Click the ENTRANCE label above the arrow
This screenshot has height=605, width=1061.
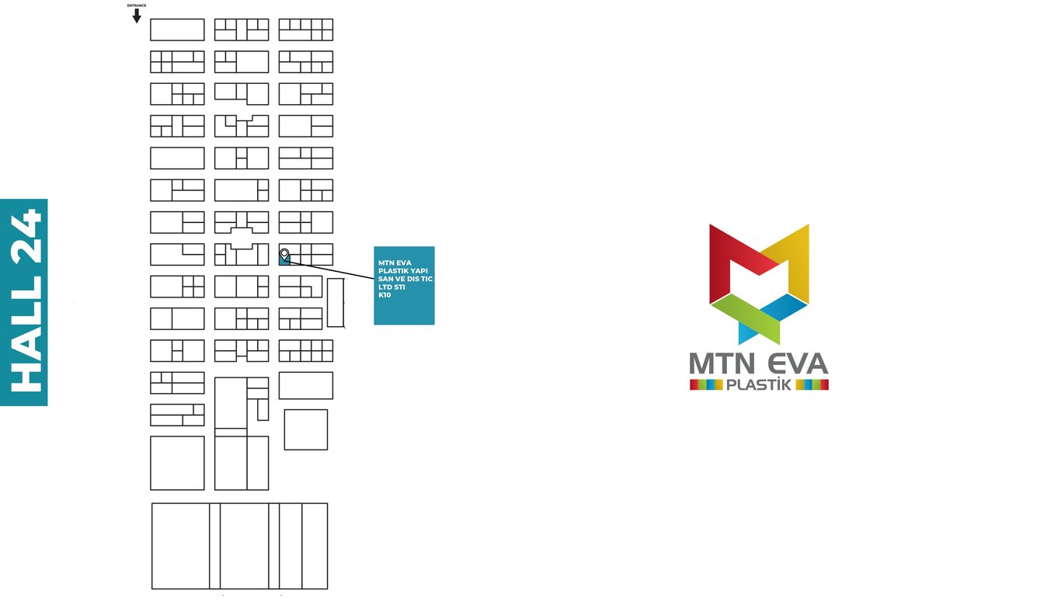[137, 5]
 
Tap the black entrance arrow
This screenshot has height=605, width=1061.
[137, 16]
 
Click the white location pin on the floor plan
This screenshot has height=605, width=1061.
[284, 254]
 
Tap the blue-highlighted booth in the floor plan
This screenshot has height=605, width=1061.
[284, 260]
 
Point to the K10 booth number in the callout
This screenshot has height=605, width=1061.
[385, 295]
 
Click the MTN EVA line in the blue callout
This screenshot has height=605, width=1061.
[395, 263]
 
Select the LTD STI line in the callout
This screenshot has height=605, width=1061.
[392, 287]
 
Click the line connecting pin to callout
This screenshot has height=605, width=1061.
[334, 271]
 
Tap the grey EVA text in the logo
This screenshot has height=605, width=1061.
[797, 364]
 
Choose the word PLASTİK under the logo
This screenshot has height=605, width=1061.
[758, 384]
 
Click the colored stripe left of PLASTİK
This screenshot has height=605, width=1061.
[706, 384]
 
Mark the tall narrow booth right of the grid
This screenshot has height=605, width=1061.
[335, 302]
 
